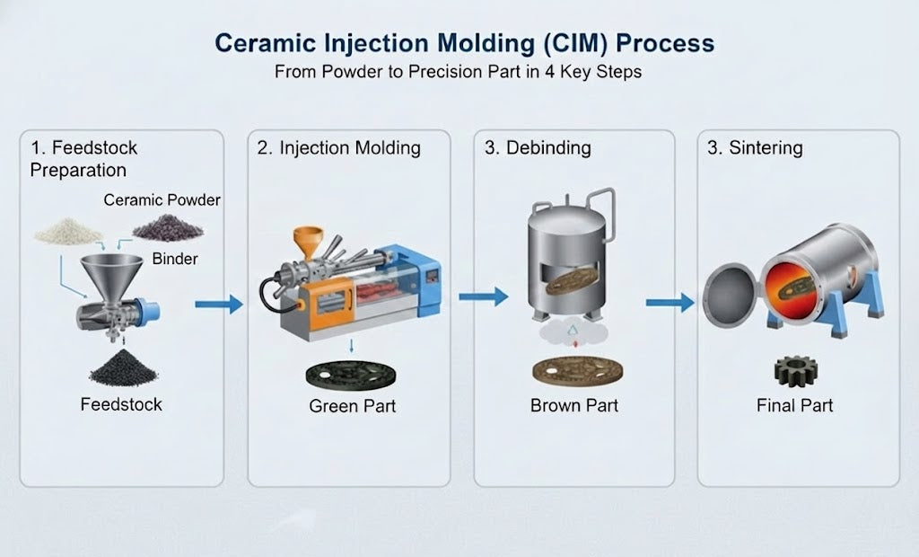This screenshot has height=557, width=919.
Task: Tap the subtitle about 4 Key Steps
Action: point(459,73)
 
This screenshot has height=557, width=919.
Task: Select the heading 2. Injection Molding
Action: point(338,148)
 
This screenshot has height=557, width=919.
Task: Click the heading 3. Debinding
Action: point(538,148)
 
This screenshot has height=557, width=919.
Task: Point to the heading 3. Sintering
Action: point(755,148)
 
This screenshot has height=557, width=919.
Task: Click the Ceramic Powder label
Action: point(162,199)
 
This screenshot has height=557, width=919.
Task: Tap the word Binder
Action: point(175,260)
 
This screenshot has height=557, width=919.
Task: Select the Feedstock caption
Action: point(121,404)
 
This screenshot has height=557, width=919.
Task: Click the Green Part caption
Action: point(352,406)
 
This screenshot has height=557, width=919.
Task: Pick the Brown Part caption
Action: point(574,406)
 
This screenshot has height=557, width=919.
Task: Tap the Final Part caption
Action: point(794,406)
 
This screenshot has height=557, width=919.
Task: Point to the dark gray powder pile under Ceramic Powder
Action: point(167,228)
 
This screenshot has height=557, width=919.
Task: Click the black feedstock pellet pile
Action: point(122,367)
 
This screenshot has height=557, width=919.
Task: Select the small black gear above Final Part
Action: point(794,372)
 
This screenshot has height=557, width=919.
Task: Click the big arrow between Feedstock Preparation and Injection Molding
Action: point(219,305)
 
